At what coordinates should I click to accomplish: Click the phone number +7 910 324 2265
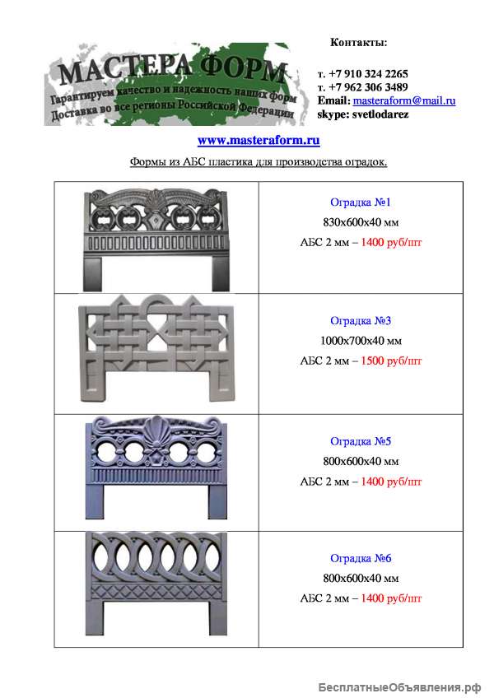click(x=368, y=73)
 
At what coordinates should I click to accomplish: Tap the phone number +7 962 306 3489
click(x=368, y=86)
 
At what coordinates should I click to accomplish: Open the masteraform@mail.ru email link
click(x=404, y=100)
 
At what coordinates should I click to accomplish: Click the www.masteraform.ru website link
click(x=259, y=140)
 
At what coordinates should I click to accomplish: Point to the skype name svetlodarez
click(x=380, y=114)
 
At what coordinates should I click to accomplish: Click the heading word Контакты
click(x=359, y=43)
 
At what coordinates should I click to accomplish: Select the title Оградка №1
click(x=361, y=202)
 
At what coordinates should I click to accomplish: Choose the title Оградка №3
click(x=361, y=320)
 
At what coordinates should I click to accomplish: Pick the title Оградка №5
click(x=361, y=441)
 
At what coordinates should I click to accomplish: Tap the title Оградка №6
click(x=361, y=558)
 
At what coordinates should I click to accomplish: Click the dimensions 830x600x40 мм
click(x=361, y=222)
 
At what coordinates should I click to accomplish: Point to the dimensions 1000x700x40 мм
click(x=361, y=341)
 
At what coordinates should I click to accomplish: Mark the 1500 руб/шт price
click(x=390, y=361)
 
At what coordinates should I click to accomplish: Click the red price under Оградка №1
click(x=390, y=242)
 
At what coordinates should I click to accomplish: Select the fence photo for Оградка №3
click(x=156, y=348)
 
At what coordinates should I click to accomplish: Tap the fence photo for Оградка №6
click(x=156, y=583)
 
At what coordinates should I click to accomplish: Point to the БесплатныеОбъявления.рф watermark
click(x=399, y=687)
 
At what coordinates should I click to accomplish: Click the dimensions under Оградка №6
click(x=361, y=579)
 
